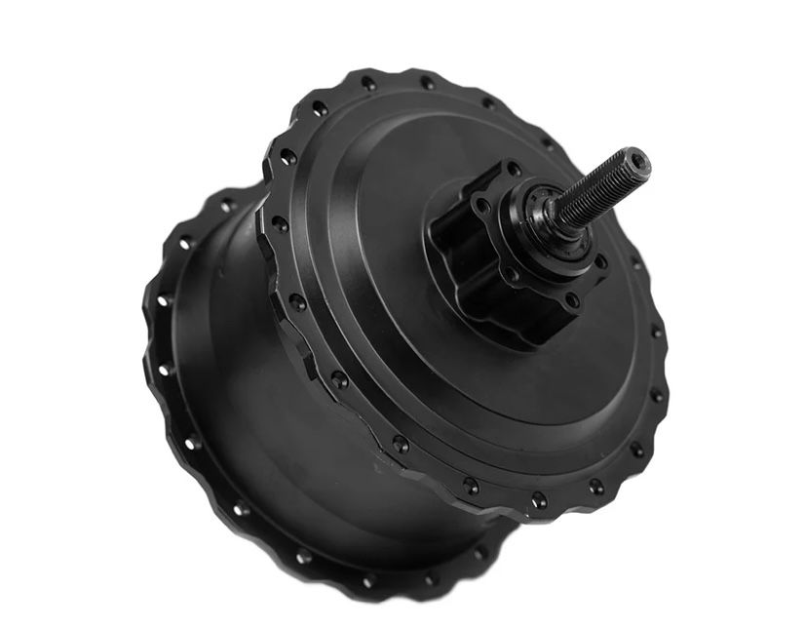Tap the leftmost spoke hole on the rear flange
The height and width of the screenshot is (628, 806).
[x=156, y=332]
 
